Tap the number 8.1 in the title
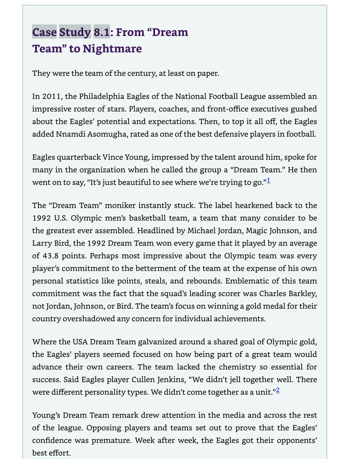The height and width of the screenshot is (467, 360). pos(101,32)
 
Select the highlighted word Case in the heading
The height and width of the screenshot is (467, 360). pos(44,32)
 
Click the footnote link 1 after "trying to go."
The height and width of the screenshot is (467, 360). pos(268,180)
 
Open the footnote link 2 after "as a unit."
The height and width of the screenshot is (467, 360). pos(278,390)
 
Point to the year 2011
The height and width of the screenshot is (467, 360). pos(51,96)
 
